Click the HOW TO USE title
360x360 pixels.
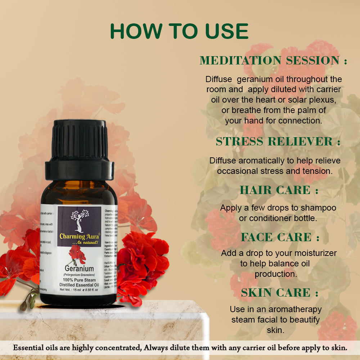[179, 31]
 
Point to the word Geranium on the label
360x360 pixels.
[79, 269]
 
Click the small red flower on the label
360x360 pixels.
[77, 253]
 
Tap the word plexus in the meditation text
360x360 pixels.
[324, 99]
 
